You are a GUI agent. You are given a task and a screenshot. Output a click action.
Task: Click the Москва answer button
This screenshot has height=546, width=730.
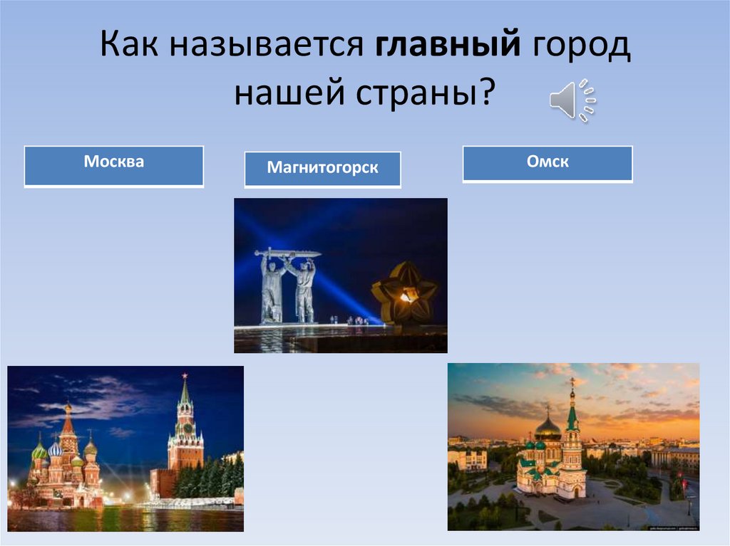[114, 166]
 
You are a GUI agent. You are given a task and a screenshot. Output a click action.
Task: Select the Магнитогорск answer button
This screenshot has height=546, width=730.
[322, 170]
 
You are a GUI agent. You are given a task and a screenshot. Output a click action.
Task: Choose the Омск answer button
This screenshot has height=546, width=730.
[547, 164]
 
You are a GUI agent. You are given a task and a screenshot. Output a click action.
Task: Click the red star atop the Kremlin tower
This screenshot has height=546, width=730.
[185, 375]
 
